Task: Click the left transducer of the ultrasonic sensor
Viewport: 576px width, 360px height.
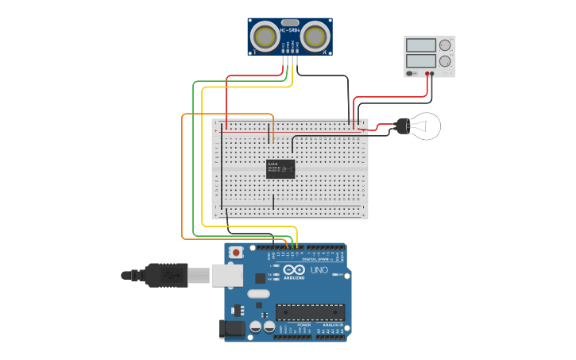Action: coord(265,36)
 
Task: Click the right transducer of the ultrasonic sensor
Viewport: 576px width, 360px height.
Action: coord(317,36)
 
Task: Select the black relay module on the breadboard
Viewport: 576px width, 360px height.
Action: coord(280,168)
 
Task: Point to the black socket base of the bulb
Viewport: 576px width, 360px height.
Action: coord(402,126)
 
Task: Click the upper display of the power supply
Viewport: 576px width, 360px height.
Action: coord(421,46)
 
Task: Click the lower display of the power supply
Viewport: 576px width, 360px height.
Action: coord(421,60)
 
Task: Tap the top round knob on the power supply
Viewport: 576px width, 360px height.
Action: coord(445,46)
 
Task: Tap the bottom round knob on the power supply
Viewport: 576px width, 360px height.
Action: coord(445,61)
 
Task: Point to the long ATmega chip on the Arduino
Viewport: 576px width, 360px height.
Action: coord(310,314)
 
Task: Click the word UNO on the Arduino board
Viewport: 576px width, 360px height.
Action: coord(319,270)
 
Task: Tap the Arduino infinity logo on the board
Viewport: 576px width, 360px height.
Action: coord(293,269)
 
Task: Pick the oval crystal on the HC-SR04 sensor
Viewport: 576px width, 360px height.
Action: coord(291,23)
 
